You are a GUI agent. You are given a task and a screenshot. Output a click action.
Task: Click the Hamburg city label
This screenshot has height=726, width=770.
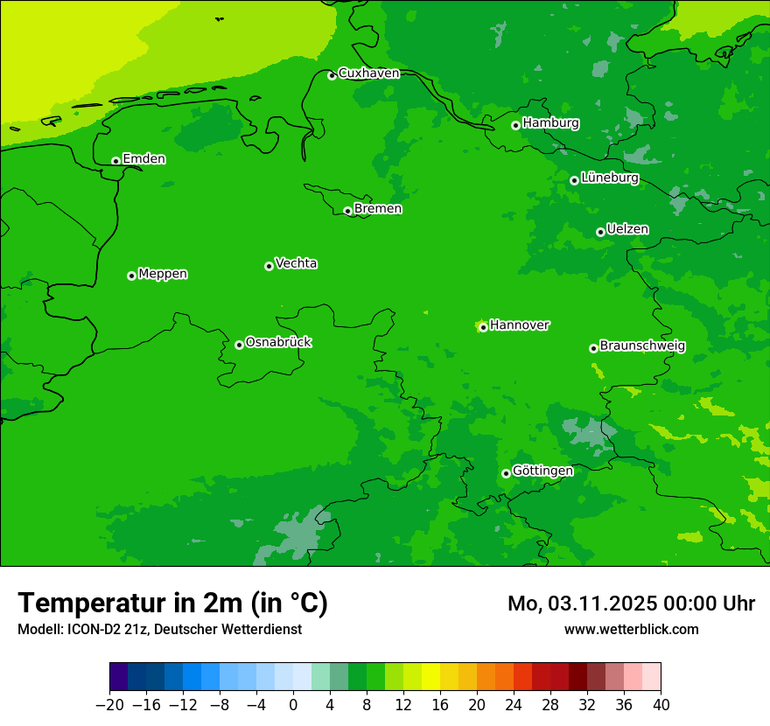[550, 123]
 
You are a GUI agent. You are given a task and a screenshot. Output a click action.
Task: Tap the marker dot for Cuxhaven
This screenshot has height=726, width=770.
[332, 75]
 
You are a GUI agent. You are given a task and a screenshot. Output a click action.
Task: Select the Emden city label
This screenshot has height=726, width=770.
[143, 159]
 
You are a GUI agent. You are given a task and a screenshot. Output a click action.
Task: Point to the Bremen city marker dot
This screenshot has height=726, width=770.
[347, 211]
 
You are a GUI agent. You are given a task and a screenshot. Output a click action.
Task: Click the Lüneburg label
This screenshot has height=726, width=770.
[609, 178]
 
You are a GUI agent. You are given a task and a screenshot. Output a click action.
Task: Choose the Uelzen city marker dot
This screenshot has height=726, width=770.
[600, 232]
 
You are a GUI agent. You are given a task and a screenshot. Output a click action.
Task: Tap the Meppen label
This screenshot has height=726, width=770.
[163, 274]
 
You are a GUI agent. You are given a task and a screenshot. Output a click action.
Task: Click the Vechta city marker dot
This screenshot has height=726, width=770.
[269, 266]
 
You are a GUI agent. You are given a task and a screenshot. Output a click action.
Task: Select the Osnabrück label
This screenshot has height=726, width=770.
[278, 343]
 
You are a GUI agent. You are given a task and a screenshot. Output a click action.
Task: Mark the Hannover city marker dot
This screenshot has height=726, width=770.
[483, 328]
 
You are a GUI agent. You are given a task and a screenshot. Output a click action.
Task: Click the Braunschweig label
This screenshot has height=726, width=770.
[642, 346]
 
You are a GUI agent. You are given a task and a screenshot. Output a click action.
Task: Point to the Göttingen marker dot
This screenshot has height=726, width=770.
[506, 473]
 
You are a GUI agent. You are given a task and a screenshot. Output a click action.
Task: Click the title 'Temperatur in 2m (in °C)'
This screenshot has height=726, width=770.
[172, 603]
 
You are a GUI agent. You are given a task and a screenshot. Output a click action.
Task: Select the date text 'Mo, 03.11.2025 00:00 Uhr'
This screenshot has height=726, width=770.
[631, 604]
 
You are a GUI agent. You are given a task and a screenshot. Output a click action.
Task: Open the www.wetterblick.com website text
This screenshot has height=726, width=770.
[631, 629]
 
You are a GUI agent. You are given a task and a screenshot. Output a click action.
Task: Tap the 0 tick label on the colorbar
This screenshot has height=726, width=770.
[293, 705]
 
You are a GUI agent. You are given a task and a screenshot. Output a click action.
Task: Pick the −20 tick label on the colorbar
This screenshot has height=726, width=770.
[109, 705]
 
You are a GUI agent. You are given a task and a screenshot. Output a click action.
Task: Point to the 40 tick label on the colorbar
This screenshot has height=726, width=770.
[661, 705]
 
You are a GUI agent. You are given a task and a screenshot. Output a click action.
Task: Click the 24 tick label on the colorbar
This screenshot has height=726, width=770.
[514, 705]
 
